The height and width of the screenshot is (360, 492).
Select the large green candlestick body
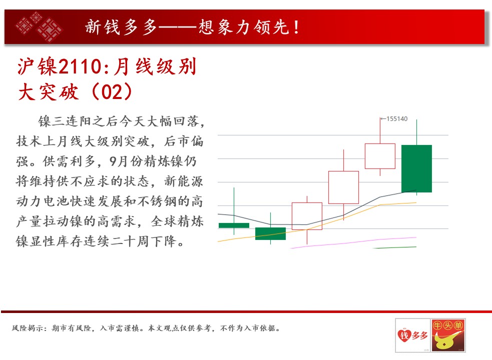pos(417,168)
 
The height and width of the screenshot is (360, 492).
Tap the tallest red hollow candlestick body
pos(343,187)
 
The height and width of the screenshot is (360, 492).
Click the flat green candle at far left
pos(234,225)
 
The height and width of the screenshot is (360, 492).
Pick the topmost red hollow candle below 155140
pos(380,156)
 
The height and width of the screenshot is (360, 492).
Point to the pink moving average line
pos(354,242)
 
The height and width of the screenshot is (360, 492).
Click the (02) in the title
pos(112,92)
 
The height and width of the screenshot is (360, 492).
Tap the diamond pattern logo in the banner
pos(39,27)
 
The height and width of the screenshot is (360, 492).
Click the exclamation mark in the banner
pos(296,27)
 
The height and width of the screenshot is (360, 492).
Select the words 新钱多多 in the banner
pos(121,27)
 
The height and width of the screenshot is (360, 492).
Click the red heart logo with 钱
pos(404,335)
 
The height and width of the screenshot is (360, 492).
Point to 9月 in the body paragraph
pos(118,161)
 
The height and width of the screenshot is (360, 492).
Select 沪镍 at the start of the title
pos(38,67)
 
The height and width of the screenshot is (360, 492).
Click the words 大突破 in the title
pos(49,92)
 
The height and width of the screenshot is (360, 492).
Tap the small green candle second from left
pos(270,233)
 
